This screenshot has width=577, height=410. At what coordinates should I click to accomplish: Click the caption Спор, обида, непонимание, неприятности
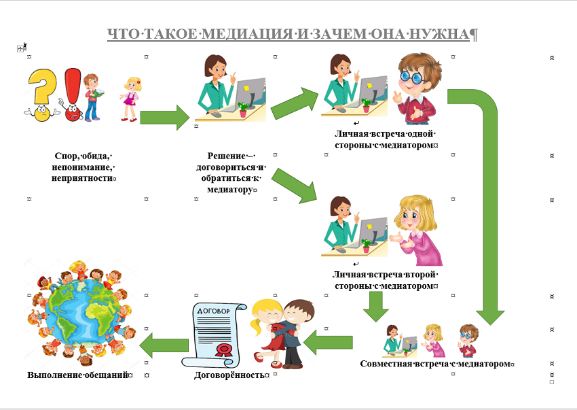pyautogui.click(x=83, y=167)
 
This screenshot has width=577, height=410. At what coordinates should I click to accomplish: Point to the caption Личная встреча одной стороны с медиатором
pyautogui.click(x=386, y=139)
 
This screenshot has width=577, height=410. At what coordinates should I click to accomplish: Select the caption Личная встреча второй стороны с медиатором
pyautogui.click(x=386, y=280)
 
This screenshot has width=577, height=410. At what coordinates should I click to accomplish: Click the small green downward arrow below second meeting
pyautogui.click(x=375, y=306)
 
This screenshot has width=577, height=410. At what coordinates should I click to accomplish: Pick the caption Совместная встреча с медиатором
pyautogui.click(x=436, y=364)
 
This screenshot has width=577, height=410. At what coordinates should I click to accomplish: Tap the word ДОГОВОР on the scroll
pyautogui.click(x=213, y=311)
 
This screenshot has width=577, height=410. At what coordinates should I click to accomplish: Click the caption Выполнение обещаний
pyautogui.click(x=80, y=375)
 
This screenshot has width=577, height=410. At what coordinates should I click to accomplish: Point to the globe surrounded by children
pyautogui.click(x=81, y=313)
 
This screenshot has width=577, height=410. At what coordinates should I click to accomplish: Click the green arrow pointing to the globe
pyautogui.click(x=164, y=345)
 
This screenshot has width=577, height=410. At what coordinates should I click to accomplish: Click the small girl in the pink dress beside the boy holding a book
pyautogui.click(x=130, y=99)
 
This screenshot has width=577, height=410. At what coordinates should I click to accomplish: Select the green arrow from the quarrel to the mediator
pyautogui.click(x=165, y=117)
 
